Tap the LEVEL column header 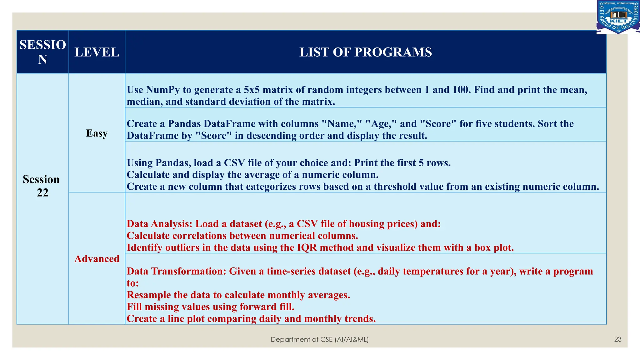pyautogui.click(x=97, y=52)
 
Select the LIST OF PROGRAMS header pyautogui.click(x=366, y=52)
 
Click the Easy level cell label pyautogui.click(x=97, y=133)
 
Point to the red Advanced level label pyautogui.click(x=97, y=259)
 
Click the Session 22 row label pyautogui.click(x=42, y=186)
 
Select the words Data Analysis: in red pyautogui.click(x=159, y=224)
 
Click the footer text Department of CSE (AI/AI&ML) pyautogui.click(x=319, y=339)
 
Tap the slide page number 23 pyautogui.click(x=618, y=339)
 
